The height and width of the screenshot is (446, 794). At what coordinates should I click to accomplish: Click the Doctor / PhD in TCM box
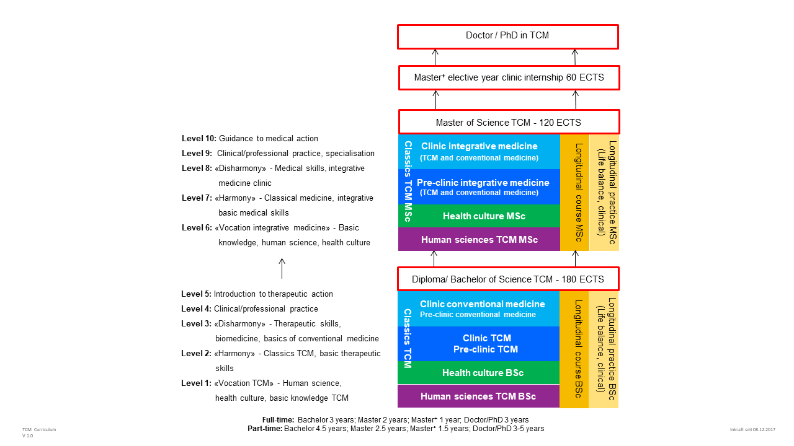[508, 37]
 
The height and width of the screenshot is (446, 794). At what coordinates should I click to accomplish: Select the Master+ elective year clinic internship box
[509, 77]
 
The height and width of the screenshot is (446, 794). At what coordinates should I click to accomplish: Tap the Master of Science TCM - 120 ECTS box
[509, 122]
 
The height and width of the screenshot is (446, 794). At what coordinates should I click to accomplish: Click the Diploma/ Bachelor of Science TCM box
[508, 279]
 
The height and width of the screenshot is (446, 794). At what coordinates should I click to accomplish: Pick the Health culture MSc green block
[484, 216]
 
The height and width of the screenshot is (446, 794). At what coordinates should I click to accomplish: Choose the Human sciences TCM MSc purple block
[479, 239]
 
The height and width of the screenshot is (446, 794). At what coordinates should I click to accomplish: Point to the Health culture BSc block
[483, 372]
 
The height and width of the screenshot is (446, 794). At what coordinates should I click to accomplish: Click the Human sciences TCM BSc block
[478, 396]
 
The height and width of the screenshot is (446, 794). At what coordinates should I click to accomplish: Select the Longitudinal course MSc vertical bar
[574, 193]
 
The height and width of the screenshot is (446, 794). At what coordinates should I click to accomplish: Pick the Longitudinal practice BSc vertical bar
[604, 349]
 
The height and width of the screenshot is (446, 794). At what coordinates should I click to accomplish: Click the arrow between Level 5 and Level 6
[282, 269]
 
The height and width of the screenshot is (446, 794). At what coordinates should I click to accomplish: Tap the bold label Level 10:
[199, 138]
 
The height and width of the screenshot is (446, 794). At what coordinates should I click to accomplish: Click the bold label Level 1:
[196, 383]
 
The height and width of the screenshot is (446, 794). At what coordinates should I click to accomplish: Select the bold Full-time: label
[279, 420]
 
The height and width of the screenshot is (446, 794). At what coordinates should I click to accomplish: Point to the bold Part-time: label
[265, 429]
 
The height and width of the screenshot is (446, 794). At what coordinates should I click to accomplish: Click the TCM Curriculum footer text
[39, 430]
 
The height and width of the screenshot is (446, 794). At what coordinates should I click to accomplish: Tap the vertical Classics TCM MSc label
[408, 181]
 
